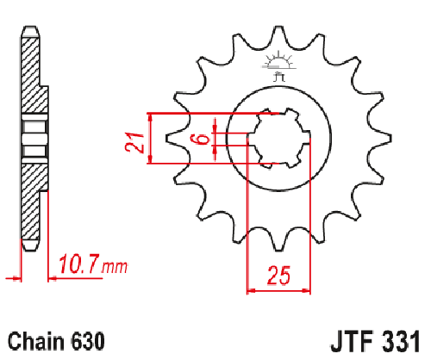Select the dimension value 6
click(202, 140)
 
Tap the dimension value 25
click(278, 276)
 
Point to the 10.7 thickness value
click(79, 264)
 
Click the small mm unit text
click(114, 267)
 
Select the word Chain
click(36, 341)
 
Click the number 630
click(87, 341)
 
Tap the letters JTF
click(352, 341)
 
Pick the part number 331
click(402, 341)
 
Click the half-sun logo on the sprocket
click(278, 61)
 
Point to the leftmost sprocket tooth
click(175, 139)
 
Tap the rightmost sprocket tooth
click(381, 139)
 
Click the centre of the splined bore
click(278, 139)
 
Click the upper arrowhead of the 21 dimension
click(149, 117)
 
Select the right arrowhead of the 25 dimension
click(306, 291)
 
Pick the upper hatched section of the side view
click(32, 75)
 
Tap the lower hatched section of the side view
click(32, 202)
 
